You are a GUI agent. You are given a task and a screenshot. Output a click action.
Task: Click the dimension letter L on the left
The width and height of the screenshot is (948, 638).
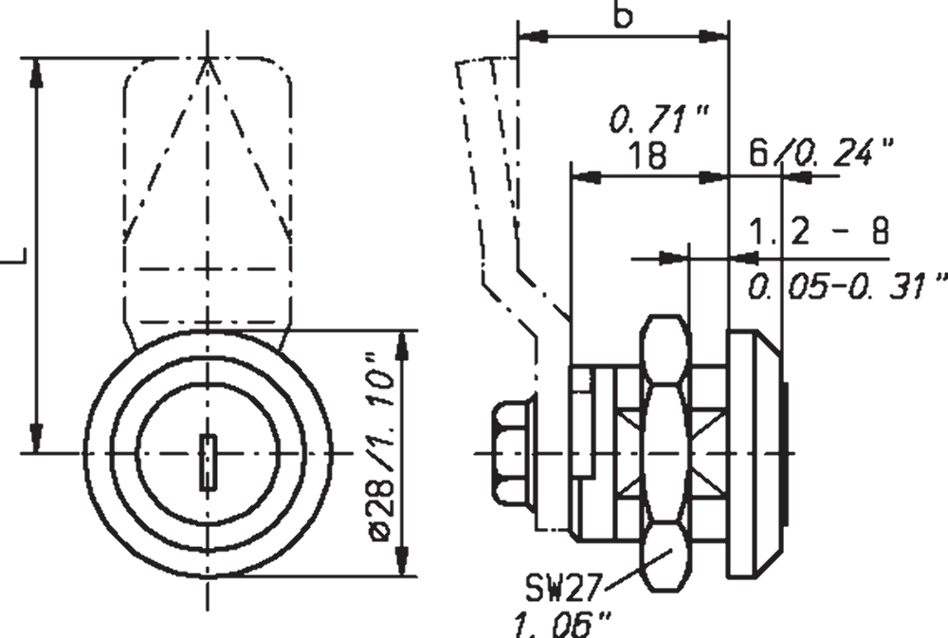coord(14,256)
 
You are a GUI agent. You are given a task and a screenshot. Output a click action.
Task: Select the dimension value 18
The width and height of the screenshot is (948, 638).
coord(647,155)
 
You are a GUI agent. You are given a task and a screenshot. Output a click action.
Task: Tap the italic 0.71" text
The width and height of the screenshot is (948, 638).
coord(659,118)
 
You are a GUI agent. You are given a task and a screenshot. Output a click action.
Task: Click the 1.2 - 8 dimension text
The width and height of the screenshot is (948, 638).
coord(820,231)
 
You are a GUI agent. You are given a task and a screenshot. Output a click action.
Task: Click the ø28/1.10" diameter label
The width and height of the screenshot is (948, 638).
coord(382,447)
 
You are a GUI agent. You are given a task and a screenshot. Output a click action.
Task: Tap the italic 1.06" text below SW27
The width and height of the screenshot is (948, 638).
coord(562,624)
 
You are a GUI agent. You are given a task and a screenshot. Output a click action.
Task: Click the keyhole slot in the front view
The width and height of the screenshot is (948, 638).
coord(208,462)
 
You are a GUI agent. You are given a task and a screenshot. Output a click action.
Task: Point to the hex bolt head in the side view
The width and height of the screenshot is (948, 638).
coord(513,452)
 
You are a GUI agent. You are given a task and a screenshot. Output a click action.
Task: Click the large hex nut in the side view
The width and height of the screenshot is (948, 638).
coord(665,452)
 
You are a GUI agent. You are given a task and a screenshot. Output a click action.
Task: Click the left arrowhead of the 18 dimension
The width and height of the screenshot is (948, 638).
coord(587,177)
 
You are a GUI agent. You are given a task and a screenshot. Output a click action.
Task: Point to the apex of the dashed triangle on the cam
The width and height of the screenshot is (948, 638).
coord(208,59)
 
